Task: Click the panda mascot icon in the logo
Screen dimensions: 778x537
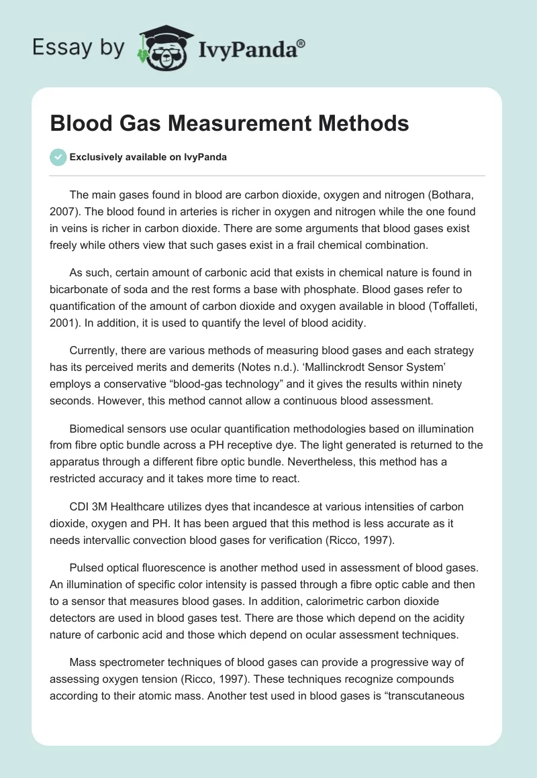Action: pos(161,48)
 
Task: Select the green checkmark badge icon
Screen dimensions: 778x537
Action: pos(58,156)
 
